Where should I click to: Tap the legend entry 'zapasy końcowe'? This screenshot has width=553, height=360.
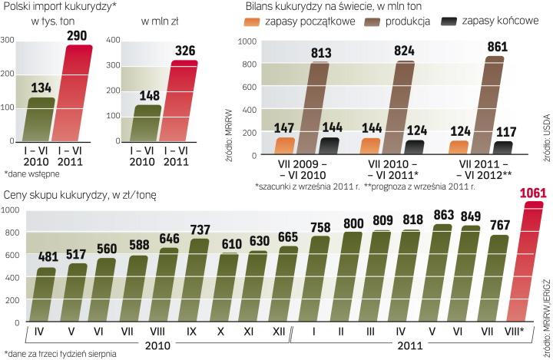tap(495, 21)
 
